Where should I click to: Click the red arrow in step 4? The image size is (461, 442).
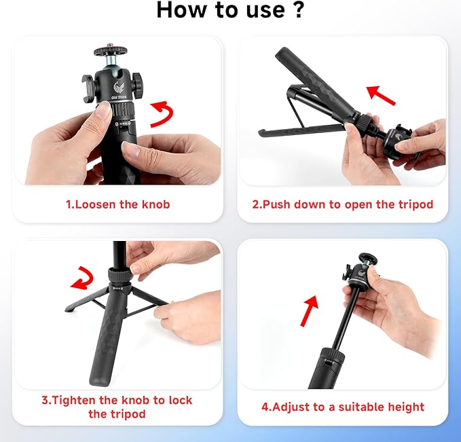tap(309, 310)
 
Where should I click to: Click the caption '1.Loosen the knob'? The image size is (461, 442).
tap(117, 204)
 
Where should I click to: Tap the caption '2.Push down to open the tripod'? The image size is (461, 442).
tap(342, 204)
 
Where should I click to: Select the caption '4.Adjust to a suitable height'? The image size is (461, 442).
tap(343, 407)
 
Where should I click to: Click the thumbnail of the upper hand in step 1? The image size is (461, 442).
tap(102, 111)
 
